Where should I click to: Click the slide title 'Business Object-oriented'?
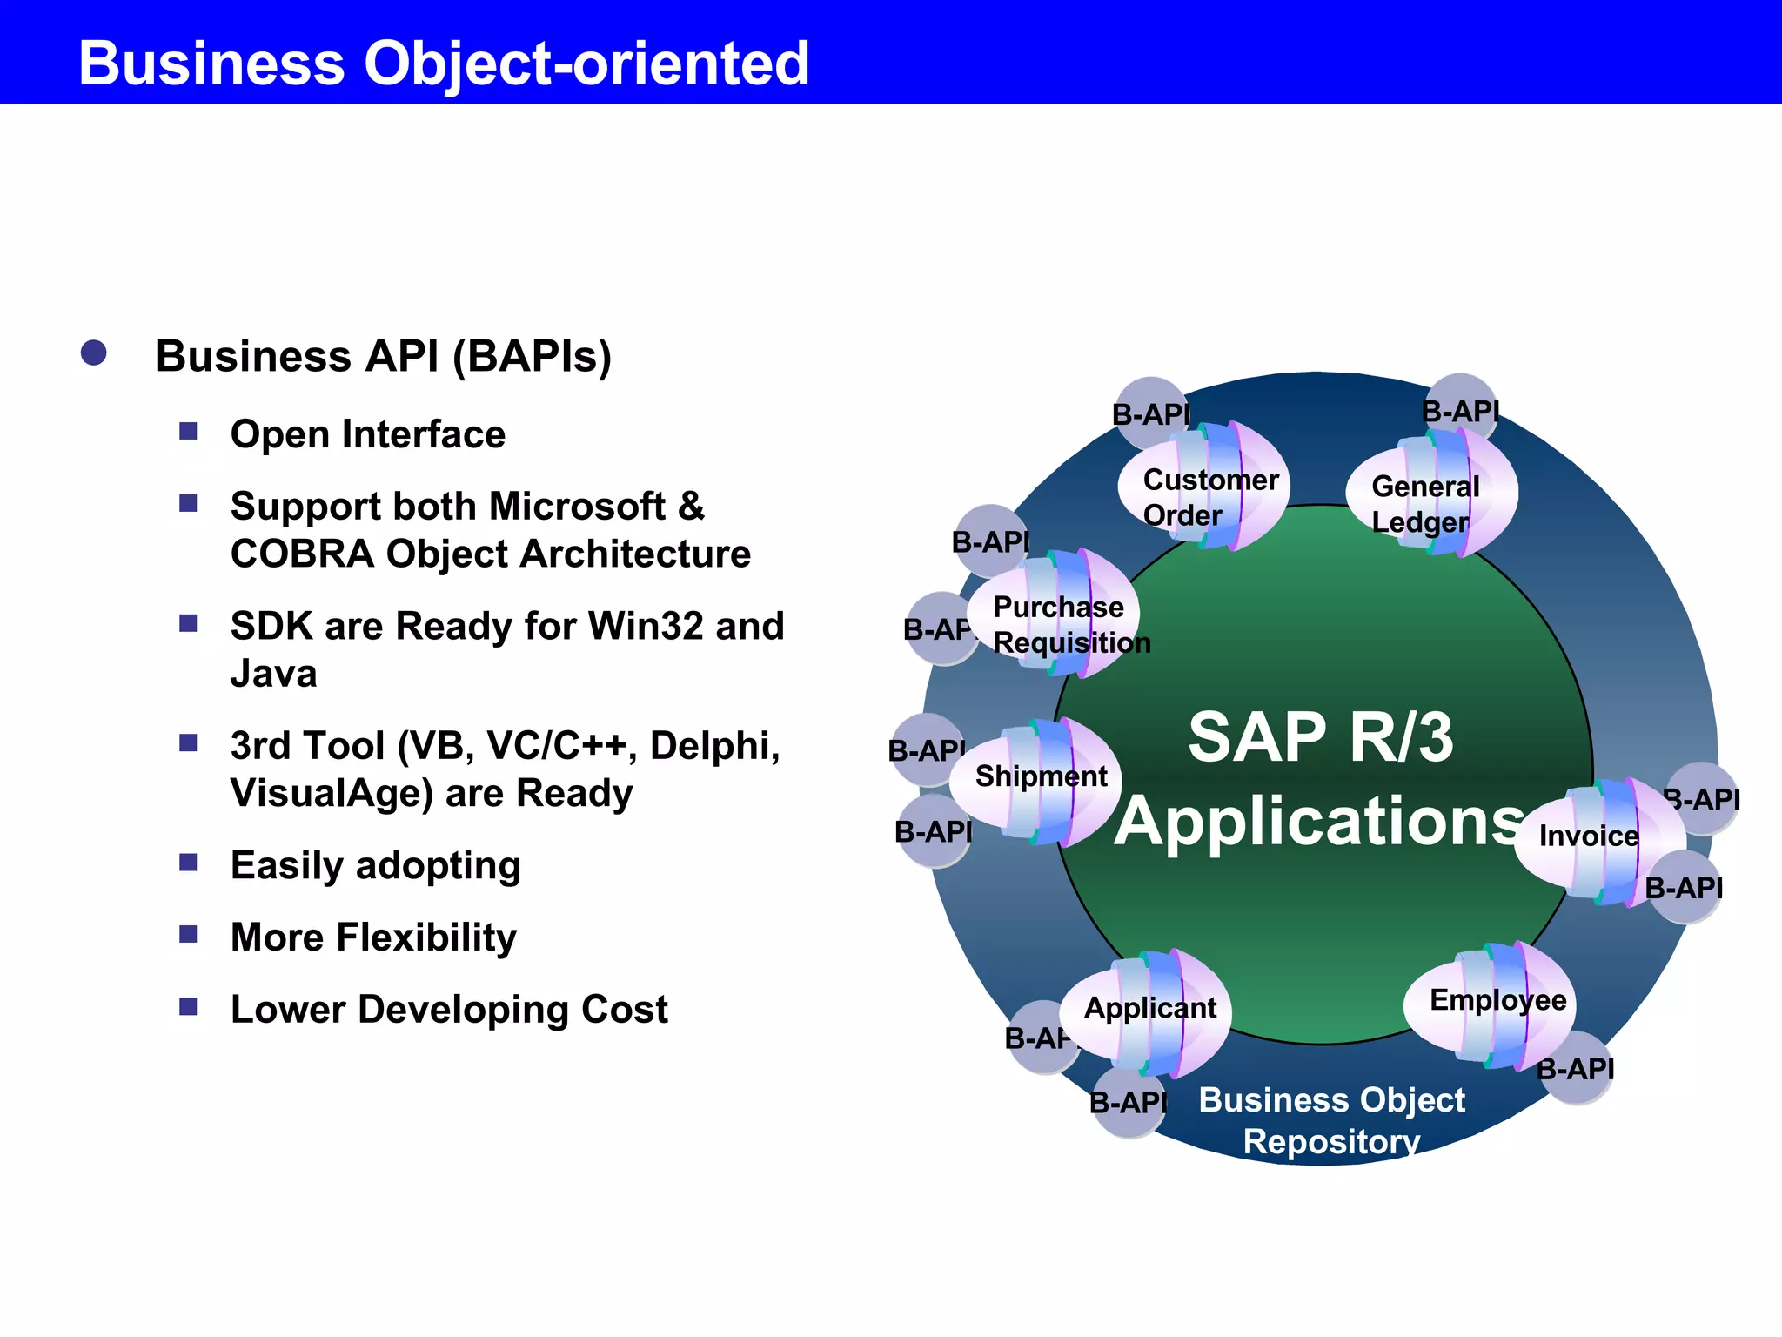(x=444, y=63)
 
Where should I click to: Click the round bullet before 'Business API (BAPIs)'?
(x=93, y=353)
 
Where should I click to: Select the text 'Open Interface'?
(x=367, y=434)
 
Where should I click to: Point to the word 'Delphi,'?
(x=714, y=746)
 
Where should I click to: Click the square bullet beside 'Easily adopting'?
(x=188, y=863)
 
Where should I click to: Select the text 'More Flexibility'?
(x=373, y=937)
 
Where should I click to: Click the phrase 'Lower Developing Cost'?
(x=449, y=1010)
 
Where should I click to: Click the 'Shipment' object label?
(x=1040, y=776)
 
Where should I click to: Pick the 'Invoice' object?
(x=1589, y=836)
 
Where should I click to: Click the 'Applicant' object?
(x=1149, y=1009)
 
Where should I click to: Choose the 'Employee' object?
(x=1497, y=1001)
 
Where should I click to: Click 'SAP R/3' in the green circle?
(x=1320, y=738)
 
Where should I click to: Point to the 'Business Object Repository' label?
(x=1331, y=1120)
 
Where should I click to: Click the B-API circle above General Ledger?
(x=1461, y=407)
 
